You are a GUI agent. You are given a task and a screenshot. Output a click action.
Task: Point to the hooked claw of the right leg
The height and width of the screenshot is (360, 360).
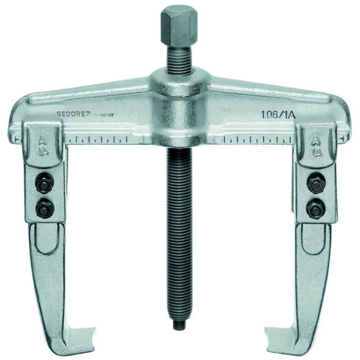click(278, 329)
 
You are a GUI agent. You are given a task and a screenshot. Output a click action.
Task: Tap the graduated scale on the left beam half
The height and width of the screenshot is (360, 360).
click(100, 139)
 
